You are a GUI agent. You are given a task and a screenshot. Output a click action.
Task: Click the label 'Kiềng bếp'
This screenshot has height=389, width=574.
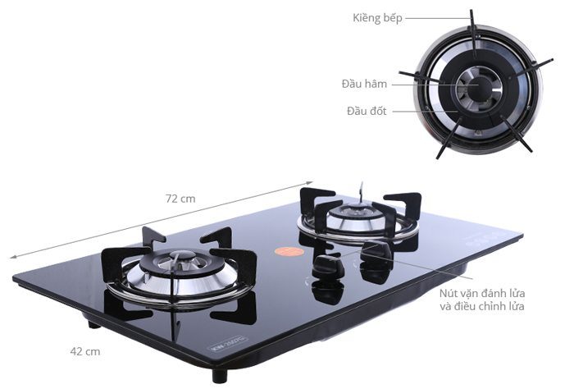(377, 17)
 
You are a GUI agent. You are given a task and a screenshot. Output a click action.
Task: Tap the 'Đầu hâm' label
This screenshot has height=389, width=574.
(364, 84)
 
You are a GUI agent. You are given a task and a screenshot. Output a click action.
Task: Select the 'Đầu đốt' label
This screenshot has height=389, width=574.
(367, 111)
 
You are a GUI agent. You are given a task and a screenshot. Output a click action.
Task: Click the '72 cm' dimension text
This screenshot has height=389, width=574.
(180, 199)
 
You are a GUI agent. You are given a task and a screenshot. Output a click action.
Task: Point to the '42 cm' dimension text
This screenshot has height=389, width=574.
(85, 351)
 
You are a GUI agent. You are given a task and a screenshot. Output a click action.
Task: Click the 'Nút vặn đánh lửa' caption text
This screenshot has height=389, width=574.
(482, 294)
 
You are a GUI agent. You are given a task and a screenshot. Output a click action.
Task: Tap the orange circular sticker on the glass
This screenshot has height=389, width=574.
(289, 252)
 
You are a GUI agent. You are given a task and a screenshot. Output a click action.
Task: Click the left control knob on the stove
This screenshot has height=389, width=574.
(328, 267)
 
